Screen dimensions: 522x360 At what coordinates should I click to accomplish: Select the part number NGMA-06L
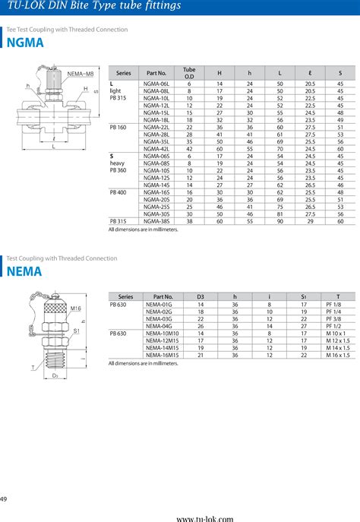(x=156, y=83)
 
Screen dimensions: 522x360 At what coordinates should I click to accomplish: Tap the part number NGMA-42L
(x=156, y=148)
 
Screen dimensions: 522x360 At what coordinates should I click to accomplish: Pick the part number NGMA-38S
(x=156, y=221)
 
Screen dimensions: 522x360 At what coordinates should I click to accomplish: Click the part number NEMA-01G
(x=159, y=304)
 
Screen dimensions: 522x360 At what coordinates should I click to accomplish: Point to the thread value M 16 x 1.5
(x=337, y=354)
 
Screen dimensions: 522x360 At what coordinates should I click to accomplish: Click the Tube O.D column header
(x=190, y=72)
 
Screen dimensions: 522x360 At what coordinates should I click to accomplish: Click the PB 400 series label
(x=118, y=192)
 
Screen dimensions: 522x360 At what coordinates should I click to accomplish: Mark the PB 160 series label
(x=118, y=127)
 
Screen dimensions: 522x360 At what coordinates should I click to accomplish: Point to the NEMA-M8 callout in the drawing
(x=80, y=73)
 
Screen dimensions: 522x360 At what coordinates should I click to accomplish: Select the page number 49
(x=5, y=498)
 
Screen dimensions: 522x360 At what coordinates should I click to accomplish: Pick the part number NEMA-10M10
(x=162, y=333)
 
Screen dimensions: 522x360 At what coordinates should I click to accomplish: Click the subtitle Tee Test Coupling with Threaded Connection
(x=67, y=30)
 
